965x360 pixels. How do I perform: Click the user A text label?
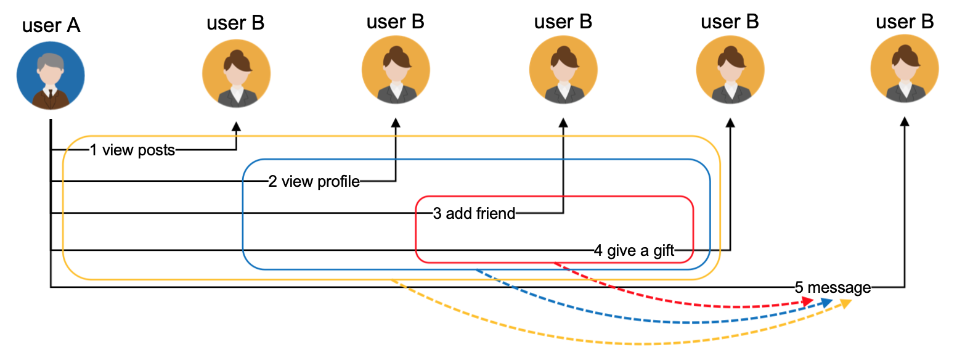click(51, 26)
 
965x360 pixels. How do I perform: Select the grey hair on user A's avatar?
click(51, 62)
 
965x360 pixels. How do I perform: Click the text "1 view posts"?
click(132, 150)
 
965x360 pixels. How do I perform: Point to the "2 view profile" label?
click(314, 182)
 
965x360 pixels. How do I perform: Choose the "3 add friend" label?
click(474, 214)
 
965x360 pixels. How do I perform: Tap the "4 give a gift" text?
click(634, 250)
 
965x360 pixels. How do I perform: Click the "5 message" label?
click(833, 287)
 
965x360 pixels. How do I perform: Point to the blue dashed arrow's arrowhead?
click(827, 302)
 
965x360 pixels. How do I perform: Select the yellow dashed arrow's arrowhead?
click(846, 303)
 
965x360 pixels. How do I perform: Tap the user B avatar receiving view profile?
click(396, 69)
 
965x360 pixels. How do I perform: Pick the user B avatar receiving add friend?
click(563, 69)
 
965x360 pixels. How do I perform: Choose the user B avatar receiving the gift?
click(730, 69)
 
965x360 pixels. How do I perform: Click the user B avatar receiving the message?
click(905, 69)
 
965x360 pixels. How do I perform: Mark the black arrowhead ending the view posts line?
click(236, 126)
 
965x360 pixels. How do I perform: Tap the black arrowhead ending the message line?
click(905, 123)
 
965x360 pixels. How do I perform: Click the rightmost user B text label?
click(905, 22)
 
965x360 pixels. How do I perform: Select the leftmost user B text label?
click(235, 23)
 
